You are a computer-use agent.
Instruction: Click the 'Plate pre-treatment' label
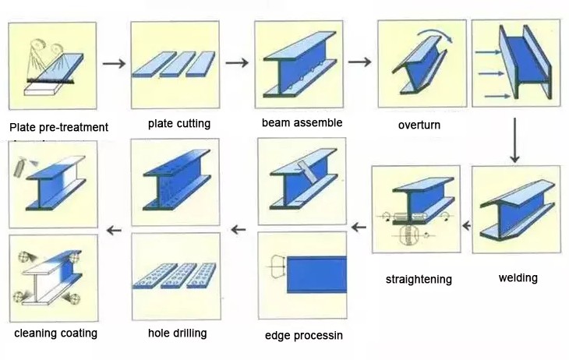[x=58, y=127]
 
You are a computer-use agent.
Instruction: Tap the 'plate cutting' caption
[x=179, y=124]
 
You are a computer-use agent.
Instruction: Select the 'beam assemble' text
[x=302, y=122]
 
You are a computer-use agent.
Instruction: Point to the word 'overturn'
[x=419, y=125]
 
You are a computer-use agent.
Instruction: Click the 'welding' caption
[x=518, y=277]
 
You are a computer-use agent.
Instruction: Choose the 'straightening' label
[x=419, y=279]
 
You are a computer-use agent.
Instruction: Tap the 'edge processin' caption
[x=303, y=336]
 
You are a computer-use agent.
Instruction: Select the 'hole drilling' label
[x=177, y=334]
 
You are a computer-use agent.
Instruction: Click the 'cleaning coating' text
[x=55, y=334]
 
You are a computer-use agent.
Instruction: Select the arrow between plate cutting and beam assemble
[x=237, y=62]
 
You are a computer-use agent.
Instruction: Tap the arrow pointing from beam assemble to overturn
[x=359, y=62]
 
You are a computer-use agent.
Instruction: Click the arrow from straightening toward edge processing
[x=359, y=227]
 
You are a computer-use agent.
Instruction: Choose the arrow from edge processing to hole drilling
[x=239, y=229]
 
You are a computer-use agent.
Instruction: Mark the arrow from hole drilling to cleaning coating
[x=114, y=229]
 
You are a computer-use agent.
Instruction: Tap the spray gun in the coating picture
[x=19, y=166]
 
